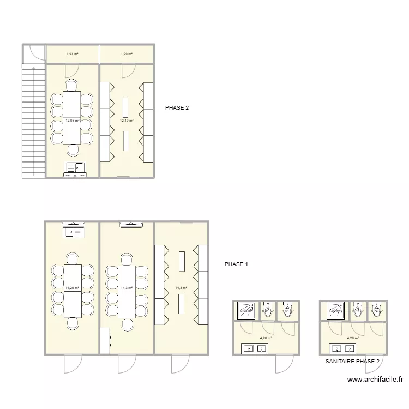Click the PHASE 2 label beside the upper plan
coord(177,108)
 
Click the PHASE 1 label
coord(236,264)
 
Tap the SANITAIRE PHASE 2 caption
coord(352,362)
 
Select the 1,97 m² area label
coord(72,54)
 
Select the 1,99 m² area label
coord(127,54)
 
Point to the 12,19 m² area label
coord(127,121)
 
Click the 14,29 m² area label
coord(72,288)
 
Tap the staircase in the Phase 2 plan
coord(33,120)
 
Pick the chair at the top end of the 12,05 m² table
coord(73,85)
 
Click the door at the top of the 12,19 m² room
coord(128,70)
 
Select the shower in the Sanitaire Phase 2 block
coord(334,310)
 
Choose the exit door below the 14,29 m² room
coord(72,364)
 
